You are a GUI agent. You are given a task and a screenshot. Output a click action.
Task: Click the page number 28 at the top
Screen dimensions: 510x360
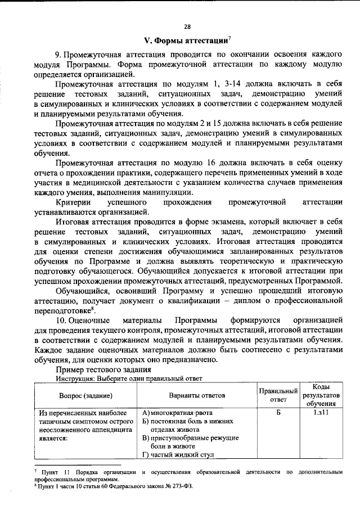(187, 26)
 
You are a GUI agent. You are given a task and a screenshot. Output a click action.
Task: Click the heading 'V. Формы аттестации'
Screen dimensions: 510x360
(186, 40)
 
